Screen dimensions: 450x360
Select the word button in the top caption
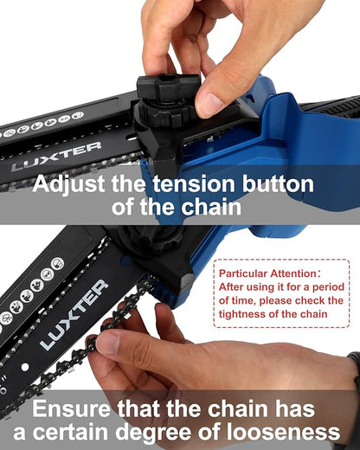tap(274, 184)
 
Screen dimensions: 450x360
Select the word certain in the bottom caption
tap(104, 433)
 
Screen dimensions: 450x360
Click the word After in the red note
tap(232, 286)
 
